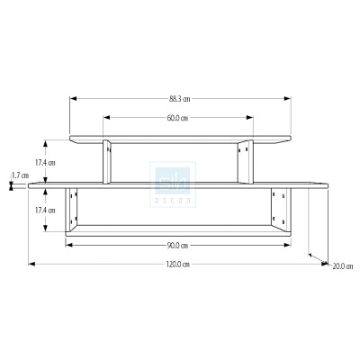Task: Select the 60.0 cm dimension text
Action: tap(177, 119)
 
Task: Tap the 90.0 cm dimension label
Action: tap(177, 245)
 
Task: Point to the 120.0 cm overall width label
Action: tap(176, 265)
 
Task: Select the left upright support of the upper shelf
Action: tap(107, 163)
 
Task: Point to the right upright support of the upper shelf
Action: tap(245, 163)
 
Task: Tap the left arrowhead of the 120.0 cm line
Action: tap(32, 264)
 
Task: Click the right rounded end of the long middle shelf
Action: tap(328, 185)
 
